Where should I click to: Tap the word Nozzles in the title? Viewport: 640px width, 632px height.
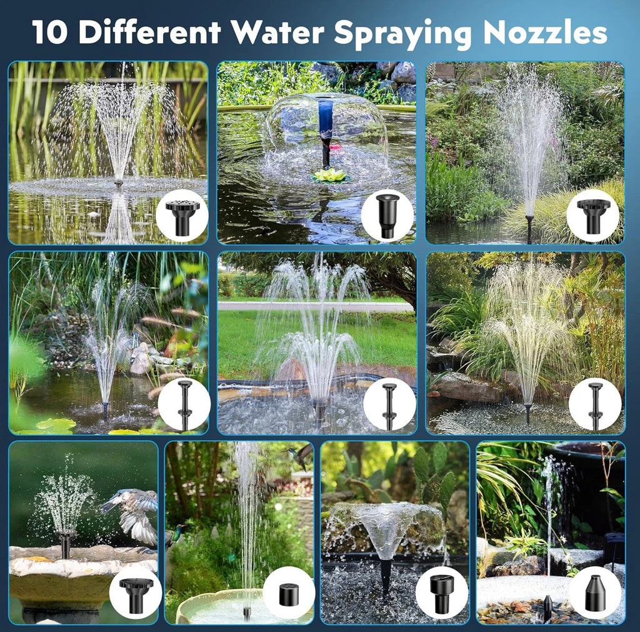(x=545, y=32)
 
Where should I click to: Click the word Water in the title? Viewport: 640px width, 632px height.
(x=278, y=32)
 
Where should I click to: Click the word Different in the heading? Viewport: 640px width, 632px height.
(x=150, y=32)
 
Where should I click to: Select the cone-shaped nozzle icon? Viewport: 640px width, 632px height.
(x=595, y=594)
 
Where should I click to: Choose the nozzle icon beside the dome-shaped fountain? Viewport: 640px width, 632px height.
(x=386, y=216)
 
